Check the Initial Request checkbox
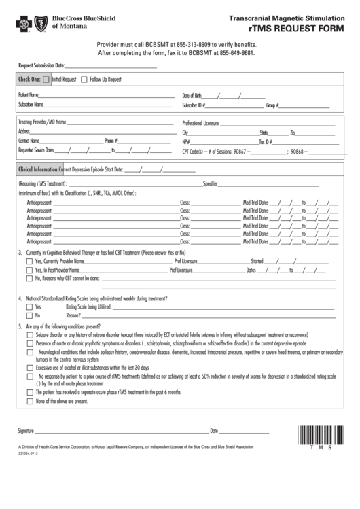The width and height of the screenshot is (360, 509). pyautogui.click(x=46, y=80)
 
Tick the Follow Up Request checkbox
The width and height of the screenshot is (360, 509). pyautogui.click(x=84, y=80)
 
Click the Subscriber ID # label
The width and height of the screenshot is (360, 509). pyautogui.click(x=194, y=105)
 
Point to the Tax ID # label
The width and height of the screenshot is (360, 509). pyautogui.click(x=266, y=142)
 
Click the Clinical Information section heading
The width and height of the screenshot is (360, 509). pyautogui.click(x=37, y=169)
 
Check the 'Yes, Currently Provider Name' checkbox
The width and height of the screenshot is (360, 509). pyautogui.click(x=29, y=261)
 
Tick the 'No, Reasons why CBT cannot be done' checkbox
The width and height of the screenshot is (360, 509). pyautogui.click(x=29, y=278)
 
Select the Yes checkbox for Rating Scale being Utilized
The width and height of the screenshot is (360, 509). pyautogui.click(x=29, y=307)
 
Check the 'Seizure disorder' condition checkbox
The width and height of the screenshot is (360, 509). pyautogui.click(x=29, y=336)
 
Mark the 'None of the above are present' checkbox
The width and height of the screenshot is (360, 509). pyautogui.click(x=29, y=401)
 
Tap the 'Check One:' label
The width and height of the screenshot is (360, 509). pyautogui.click(x=29, y=80)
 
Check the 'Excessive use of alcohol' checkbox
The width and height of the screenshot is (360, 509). pyautogui.click(x=29, y=368)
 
